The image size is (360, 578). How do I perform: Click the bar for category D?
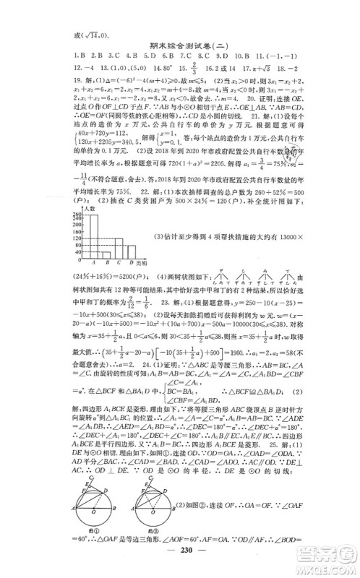(131, 253)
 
